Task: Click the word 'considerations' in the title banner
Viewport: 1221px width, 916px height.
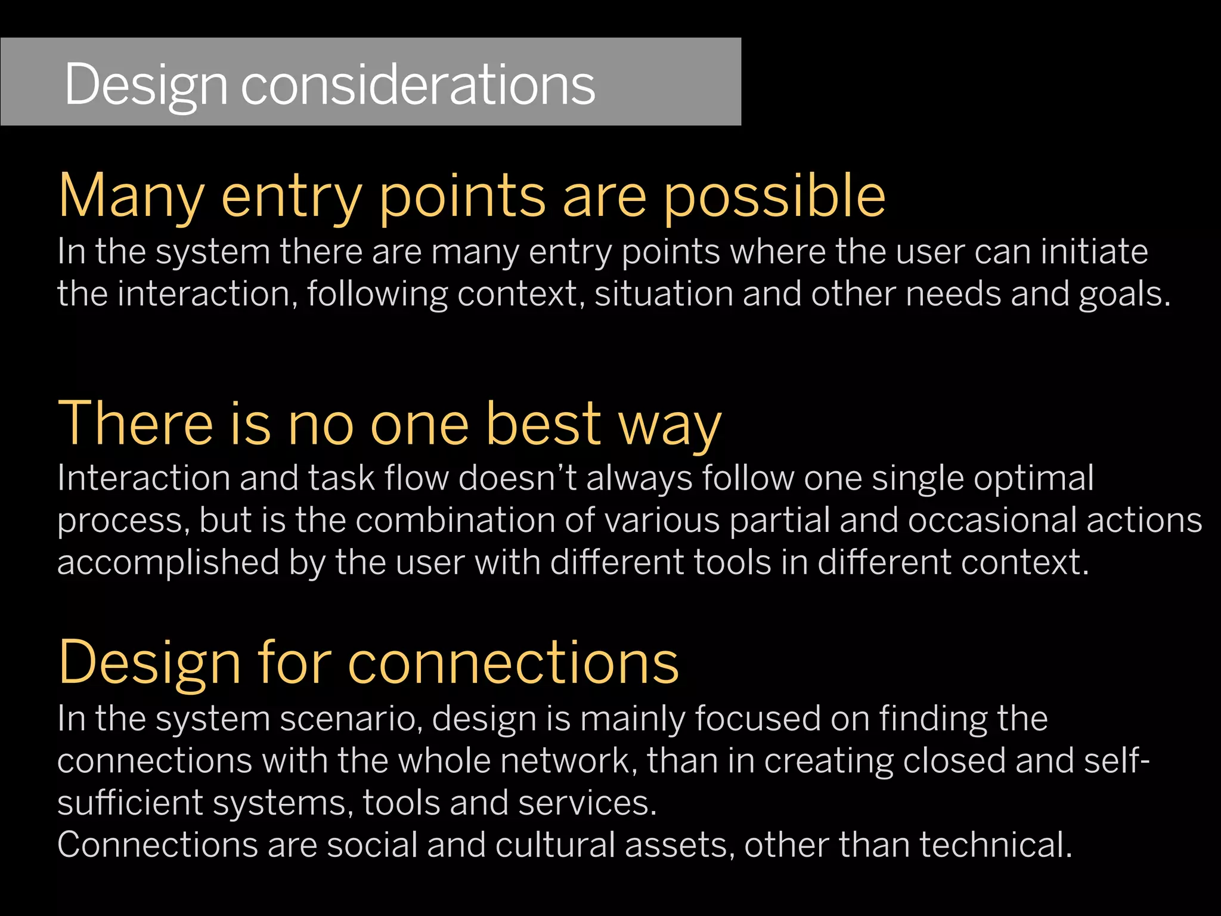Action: [417, 85]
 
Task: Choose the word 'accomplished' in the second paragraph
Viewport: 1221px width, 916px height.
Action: [168, 563]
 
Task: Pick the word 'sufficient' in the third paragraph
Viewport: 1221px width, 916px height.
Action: [130, 803]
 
